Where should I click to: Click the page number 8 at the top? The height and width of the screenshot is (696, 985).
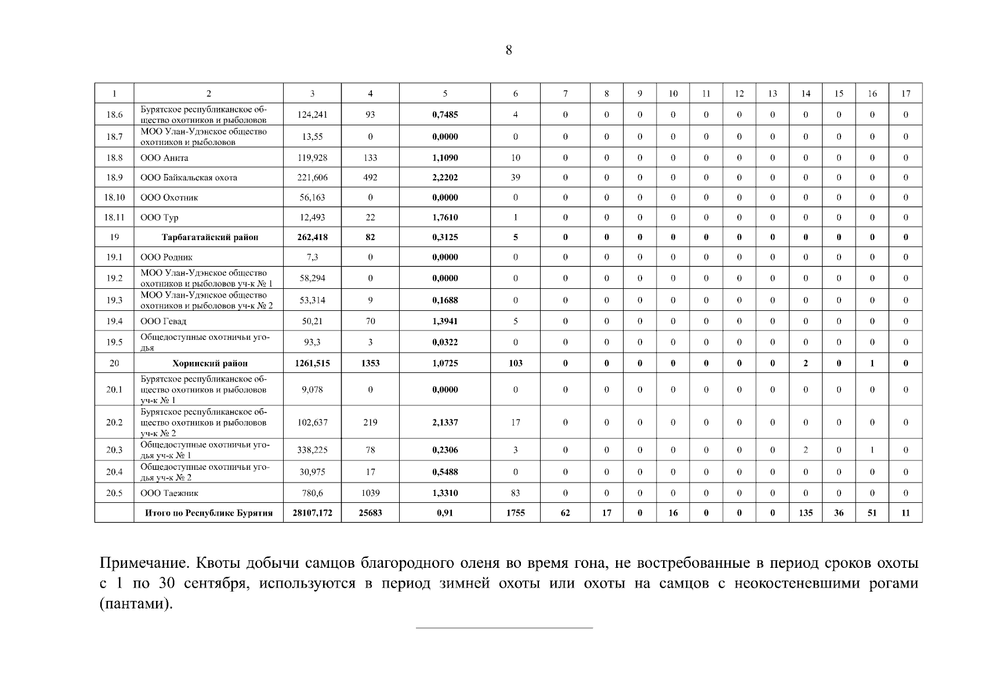(509, 50)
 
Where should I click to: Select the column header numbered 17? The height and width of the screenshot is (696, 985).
(906, 93)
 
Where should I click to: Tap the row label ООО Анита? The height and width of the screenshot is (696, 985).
(164, 158)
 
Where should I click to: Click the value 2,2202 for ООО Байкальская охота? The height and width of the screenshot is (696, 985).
(445, 177)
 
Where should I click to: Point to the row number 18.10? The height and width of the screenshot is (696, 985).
(114, 198)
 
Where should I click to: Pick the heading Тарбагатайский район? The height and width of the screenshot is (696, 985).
(209, 237)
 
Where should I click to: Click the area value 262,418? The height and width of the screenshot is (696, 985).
(312, 237)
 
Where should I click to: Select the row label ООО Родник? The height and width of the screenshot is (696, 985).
(166, 258)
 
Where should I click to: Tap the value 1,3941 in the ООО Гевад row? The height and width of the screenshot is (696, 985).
(445, 321)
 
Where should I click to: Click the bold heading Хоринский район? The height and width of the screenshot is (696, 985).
(209, 364)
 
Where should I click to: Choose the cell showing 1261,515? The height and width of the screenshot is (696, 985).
(312, 364)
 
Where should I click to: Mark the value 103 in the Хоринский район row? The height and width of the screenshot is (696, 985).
(515, 364)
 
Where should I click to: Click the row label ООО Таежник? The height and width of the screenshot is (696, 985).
(169, 494)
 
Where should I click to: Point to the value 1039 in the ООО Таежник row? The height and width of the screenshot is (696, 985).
(370, 494)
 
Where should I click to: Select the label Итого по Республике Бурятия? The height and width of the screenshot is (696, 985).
(209, 513)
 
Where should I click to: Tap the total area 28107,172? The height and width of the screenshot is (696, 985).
(312, 513)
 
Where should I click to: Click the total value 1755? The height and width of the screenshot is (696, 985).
(515, 513)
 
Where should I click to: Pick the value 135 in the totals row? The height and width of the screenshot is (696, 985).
(805, 513)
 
